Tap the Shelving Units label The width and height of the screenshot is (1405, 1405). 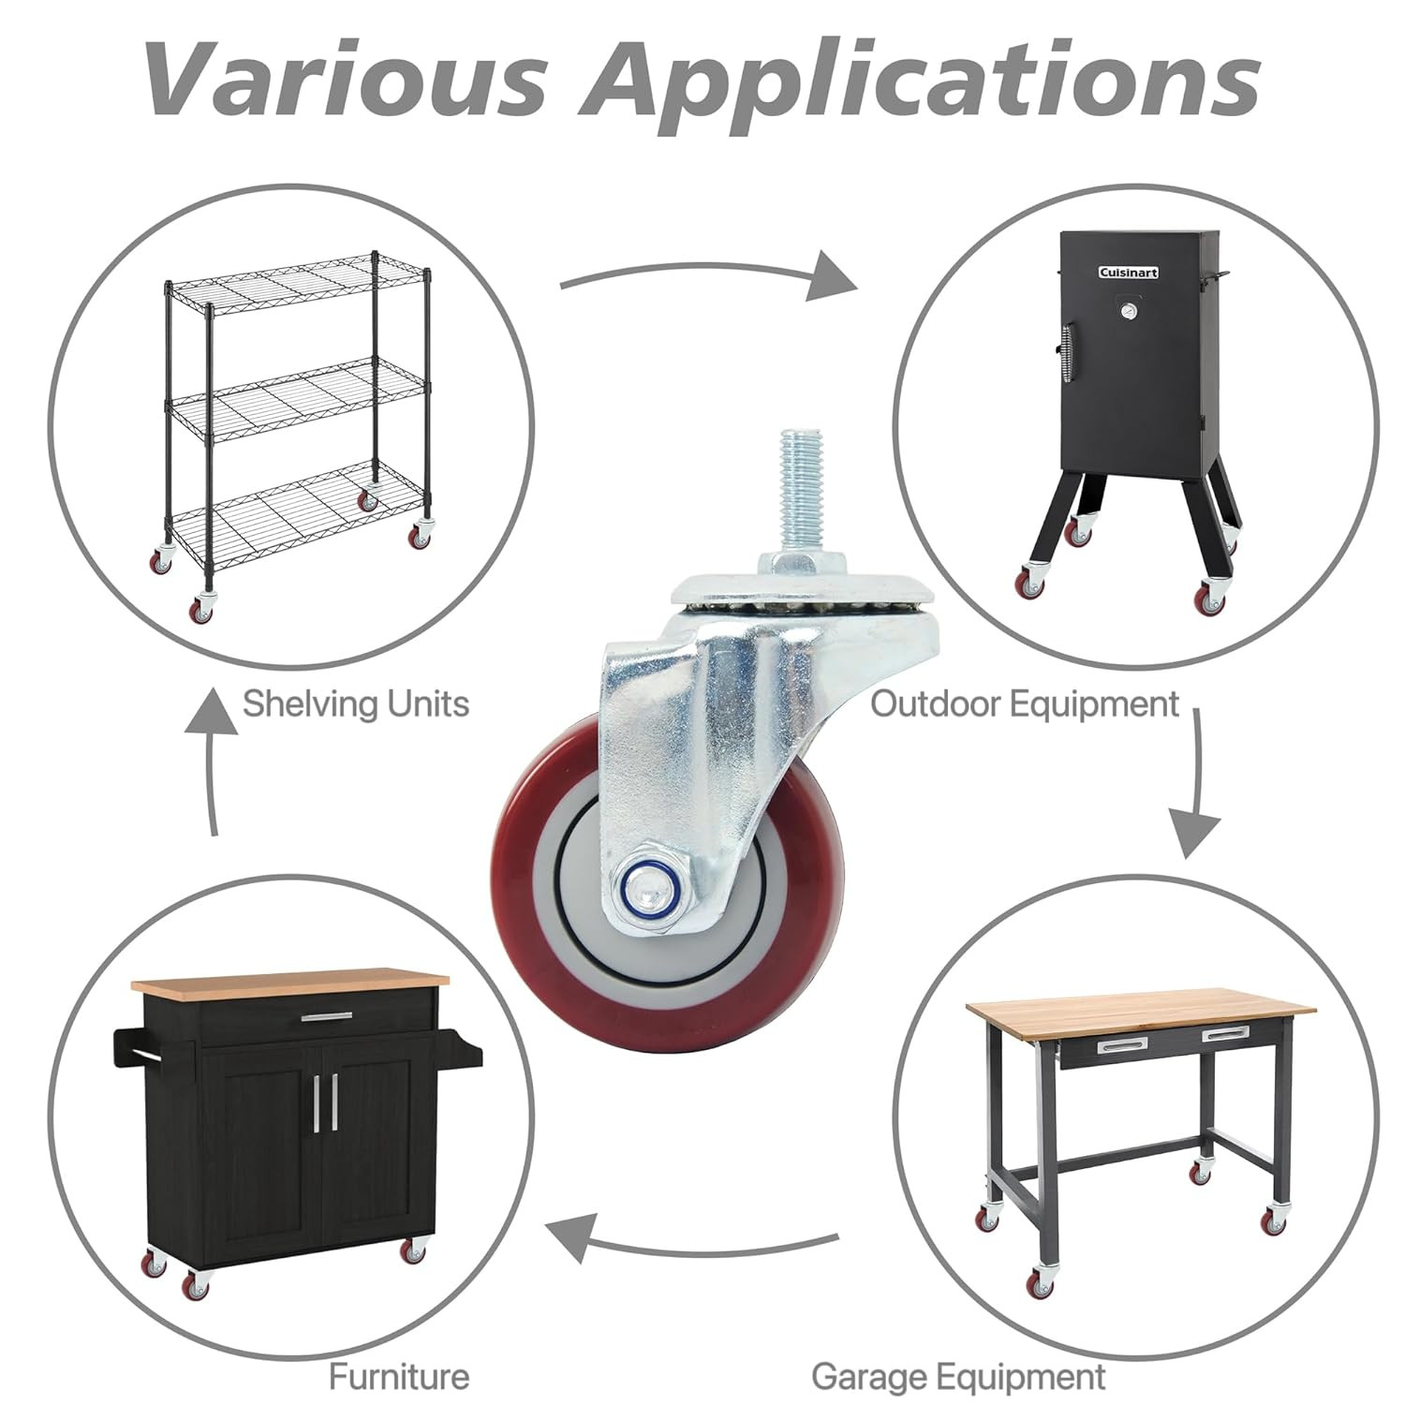click(356, 703)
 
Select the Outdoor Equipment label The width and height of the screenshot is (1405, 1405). click(1025, 703)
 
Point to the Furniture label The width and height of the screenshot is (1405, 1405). click(399, 1376)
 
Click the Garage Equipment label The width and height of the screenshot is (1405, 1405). click(958, 1377)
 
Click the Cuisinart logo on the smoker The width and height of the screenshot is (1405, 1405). click(1128, 273)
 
